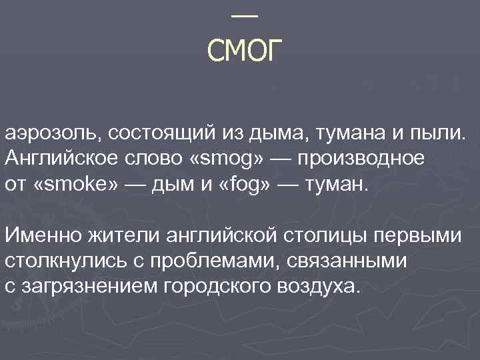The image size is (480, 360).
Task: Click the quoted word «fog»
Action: click(236, 183)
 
